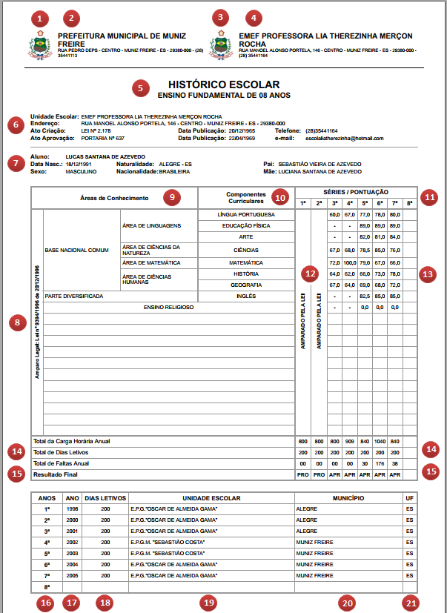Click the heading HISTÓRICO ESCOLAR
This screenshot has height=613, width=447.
click(223, 85)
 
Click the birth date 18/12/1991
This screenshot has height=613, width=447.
click(78, 164)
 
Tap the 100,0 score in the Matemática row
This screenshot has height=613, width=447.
click(349, 262)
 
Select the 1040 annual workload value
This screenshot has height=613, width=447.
click(379, 441)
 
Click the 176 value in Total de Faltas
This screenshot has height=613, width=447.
click(379, 463)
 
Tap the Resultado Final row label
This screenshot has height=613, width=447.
click(56, 473)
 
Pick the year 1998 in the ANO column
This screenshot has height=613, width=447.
click(72, 510)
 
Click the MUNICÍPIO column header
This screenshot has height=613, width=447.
click(348, 498)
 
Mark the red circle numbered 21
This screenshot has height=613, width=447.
click(410, 602)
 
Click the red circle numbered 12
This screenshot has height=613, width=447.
click(309, 274)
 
